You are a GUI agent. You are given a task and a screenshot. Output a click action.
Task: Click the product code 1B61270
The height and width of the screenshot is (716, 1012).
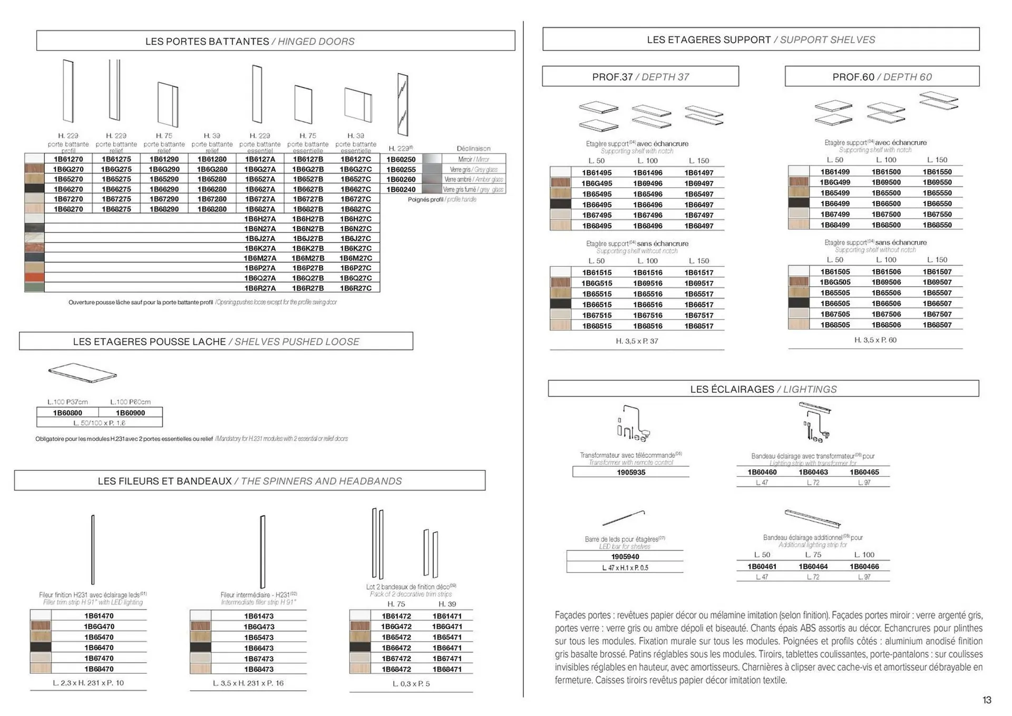68,159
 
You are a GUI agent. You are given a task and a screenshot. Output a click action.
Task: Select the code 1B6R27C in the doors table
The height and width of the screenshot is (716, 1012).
356,288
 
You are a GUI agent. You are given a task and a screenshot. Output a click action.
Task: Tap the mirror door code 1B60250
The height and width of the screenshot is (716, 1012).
401,159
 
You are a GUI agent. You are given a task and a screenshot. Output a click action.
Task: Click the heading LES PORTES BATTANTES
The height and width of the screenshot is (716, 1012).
207,41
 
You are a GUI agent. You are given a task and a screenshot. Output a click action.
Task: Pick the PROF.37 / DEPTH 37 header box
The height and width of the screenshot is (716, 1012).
640,76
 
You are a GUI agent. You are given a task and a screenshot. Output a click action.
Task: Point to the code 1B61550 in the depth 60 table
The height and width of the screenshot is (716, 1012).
937,172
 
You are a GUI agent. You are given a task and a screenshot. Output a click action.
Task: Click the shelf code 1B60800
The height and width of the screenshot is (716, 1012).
67,413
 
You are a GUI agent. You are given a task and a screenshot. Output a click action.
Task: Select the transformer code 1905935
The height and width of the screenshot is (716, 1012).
631,472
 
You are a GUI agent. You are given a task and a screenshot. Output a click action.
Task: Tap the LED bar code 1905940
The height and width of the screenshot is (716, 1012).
625,557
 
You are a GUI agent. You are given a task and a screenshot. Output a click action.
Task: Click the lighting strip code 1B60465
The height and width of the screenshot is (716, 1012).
864,472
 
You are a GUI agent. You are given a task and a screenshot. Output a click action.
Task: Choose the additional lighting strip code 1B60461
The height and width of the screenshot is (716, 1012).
762,567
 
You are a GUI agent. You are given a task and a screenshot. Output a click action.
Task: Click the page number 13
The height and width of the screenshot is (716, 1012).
987,700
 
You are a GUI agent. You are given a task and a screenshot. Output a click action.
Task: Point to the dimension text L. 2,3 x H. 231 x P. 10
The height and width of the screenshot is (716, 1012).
88,683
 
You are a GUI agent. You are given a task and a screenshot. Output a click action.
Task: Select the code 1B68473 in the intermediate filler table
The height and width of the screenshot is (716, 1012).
259,669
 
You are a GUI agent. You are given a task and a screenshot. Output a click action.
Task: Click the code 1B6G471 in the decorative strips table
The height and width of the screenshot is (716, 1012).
447,626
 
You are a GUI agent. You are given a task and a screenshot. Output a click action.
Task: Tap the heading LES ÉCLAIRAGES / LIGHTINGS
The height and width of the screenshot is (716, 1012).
763,389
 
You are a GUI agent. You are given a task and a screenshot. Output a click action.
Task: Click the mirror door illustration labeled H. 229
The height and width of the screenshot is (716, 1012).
403,104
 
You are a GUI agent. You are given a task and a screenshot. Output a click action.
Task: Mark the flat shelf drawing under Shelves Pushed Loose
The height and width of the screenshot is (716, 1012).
82,372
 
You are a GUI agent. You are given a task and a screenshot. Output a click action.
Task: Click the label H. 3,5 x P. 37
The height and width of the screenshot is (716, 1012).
637,341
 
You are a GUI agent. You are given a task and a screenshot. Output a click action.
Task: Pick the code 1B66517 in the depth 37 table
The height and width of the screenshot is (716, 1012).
699,305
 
